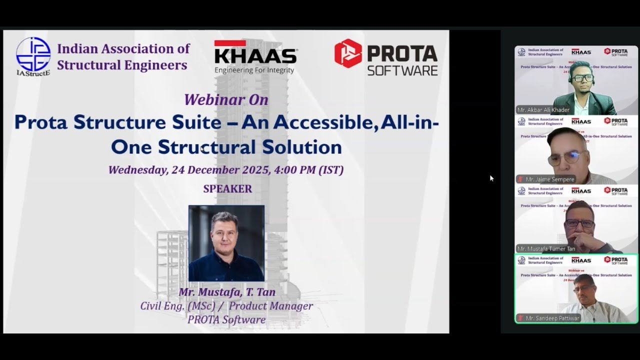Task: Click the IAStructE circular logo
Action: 33,54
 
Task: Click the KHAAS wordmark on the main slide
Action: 255,55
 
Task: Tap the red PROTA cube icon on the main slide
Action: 348,53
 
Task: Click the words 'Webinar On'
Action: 226,99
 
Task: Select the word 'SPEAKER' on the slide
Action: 227,189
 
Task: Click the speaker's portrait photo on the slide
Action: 226,243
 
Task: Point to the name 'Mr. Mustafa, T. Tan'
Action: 227,292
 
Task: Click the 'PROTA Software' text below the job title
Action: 226,319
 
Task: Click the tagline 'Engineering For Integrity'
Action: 254,70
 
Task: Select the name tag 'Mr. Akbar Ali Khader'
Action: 543,110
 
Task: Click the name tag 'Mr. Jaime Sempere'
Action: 549,179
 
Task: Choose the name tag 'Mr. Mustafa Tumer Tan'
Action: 546,248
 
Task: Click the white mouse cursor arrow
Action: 491,178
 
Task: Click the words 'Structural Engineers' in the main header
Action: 122,65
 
